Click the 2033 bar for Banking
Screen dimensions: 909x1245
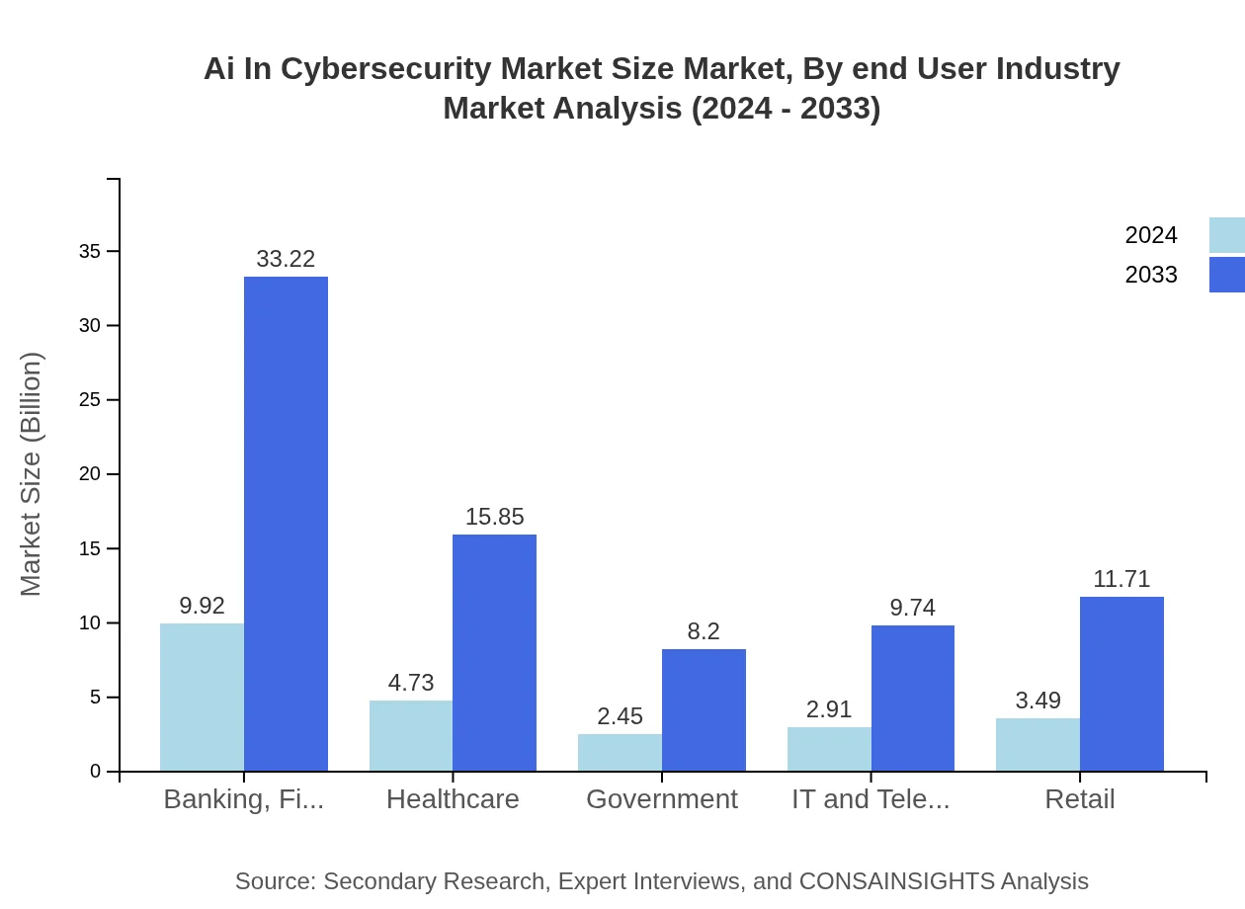pos(286,524)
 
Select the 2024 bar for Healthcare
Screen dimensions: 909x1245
pos(411,736)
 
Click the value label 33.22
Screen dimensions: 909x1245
pos(286,259)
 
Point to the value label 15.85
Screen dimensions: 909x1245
pos(494,517)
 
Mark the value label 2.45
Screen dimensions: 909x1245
pos(620,716)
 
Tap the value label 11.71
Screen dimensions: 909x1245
pos(1121,579)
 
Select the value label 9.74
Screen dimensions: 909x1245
pos(912,608)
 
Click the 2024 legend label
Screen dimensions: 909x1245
pos(1151,235)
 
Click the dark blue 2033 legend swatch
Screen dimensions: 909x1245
pos(1226,275)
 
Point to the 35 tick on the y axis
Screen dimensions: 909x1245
pos(90,252)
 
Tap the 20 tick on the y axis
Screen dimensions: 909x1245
pos(90,474)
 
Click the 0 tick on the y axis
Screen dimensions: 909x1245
pos(95,772)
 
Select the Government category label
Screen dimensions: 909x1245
pos(662,799)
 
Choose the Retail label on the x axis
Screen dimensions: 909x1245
pos(1080,799)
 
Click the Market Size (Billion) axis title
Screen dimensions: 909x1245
pos(32,474)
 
